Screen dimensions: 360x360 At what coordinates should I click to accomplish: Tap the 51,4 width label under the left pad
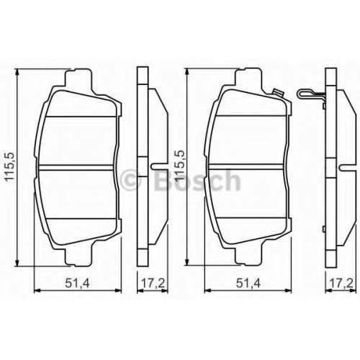pos(78,284)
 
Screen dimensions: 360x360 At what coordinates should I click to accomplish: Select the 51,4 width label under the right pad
pos(248,284)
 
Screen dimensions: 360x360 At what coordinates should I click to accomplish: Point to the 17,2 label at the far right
pos(342,284)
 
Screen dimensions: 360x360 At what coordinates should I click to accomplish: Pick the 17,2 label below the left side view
pos(153,284)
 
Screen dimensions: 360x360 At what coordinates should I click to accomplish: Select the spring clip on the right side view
pos(311,95)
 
